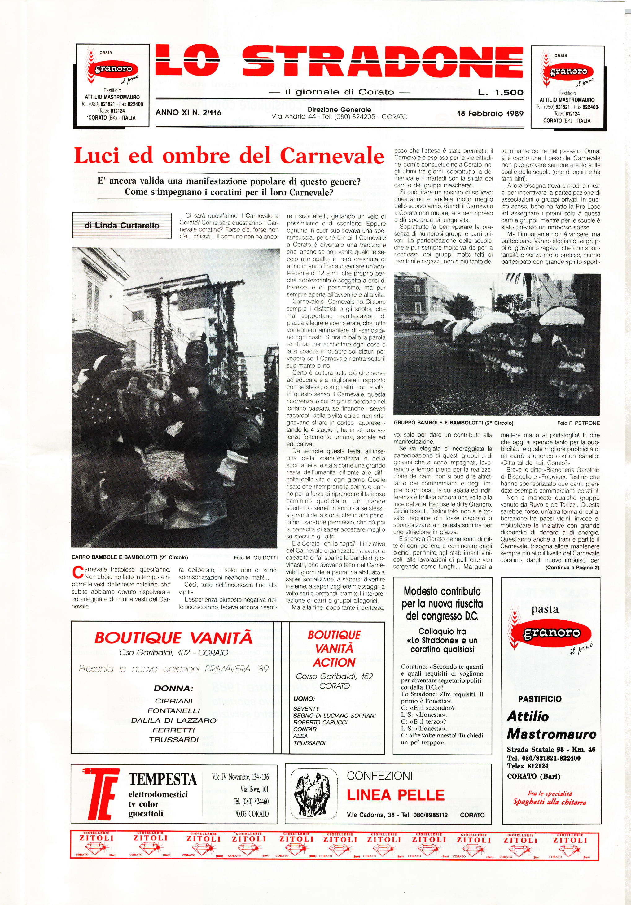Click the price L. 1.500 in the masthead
(501, 93)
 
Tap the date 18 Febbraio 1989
(490, 114)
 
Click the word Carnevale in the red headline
(332, 156)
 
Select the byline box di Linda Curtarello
(122, 226)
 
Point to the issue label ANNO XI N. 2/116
(189, 113)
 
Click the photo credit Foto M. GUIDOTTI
(256, 558)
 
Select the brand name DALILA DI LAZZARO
(173, 720)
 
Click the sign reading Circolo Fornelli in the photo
(195, 300)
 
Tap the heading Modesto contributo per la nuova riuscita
(442, 603)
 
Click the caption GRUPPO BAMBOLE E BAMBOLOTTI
(454, 423)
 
